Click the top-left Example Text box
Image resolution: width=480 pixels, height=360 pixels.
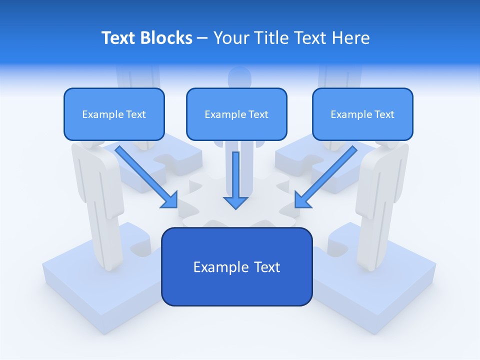[x=114, y=114]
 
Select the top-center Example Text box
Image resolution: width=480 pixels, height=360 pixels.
[x=236, y=114]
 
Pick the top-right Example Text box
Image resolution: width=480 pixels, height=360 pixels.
[x=362, y=114]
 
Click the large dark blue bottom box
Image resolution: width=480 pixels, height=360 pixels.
[x=236, y=266]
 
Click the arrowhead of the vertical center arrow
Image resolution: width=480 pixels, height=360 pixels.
[x=235, y=202]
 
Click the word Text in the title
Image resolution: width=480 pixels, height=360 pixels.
[x=117, y=38]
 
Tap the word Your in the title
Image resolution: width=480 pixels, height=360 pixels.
[x=231, y=38]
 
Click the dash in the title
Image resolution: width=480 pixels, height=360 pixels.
[x=202, y=38]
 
